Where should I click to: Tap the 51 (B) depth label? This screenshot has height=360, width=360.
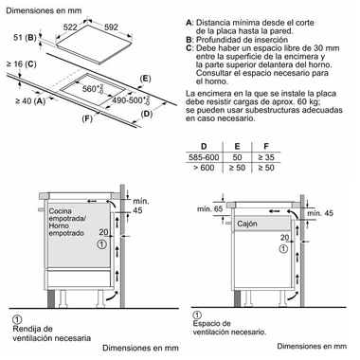point(23,38)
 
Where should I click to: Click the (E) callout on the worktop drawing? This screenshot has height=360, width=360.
point(144,81)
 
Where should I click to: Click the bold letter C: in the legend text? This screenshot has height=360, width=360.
point(190,45)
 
